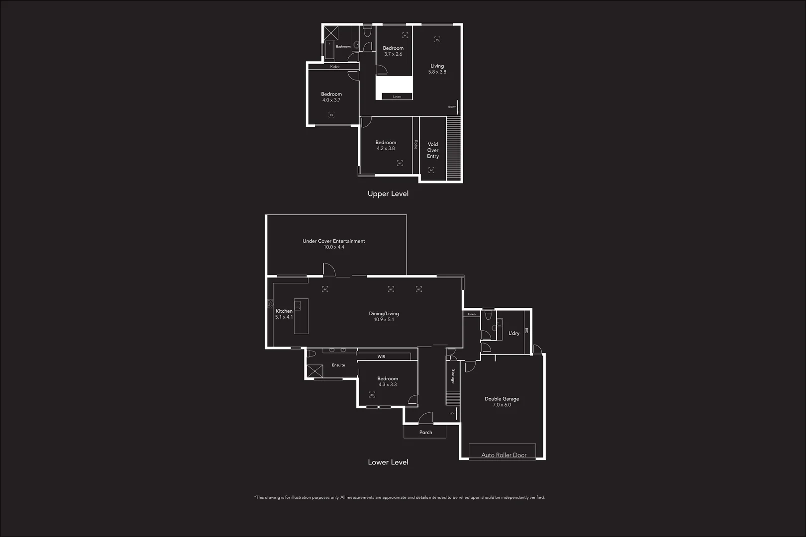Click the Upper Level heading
coord(388,194)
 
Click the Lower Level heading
coord(388,462)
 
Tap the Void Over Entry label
coord(433,150)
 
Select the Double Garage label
coord(502,399)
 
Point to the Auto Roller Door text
coord(504,455)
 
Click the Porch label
coord(425,433)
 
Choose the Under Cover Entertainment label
coord(334,241)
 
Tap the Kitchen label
coord(284,311)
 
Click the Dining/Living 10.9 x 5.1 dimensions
coord(384,320)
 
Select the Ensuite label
coord(338,365)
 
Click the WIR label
coord(381,357)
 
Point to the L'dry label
coord(514,333)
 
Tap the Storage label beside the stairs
coord(453,376)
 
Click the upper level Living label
coord(437,66)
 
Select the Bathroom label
coord(343,47)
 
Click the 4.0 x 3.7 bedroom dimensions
coord(331,100)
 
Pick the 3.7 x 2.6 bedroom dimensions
coord(393,54)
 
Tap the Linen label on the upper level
coord(397,97)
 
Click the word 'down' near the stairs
coord(452,107)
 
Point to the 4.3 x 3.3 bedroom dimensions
coord(388,385)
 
